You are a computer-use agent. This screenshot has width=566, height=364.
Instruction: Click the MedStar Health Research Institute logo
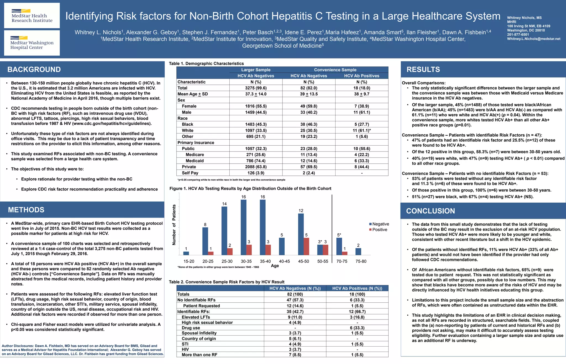[x=32, y=16]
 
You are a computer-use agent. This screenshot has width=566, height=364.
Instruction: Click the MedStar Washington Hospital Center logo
[x=32, y=43]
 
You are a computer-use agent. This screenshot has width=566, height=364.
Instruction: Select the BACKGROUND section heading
[x=34, y=69]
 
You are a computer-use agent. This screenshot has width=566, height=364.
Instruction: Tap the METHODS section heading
[x=26, y=210]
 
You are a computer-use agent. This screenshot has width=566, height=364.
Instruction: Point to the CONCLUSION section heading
[x=430, y=211]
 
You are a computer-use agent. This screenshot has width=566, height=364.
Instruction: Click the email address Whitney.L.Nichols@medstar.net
[x=533, y=39]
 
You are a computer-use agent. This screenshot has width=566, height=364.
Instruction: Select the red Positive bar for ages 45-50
[x=306, y=246]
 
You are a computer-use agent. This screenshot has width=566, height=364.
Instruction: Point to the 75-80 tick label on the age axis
[x=361, y=261]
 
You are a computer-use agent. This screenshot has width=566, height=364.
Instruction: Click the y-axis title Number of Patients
[x=174, y=225]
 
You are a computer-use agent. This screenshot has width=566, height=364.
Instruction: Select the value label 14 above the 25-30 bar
[x=224, y=204]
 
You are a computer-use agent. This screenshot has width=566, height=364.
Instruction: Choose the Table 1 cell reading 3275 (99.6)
[x=256, y=88]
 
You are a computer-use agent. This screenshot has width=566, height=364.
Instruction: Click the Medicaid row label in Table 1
[x=195, y=161]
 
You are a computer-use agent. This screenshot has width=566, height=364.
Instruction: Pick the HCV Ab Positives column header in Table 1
[x=361, y=76]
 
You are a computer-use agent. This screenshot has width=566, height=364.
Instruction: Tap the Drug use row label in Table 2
[x=191, y=328]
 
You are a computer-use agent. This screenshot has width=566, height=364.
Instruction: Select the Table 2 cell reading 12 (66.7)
[x=357, y=311]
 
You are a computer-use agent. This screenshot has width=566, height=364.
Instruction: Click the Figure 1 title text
[x=250, y=188]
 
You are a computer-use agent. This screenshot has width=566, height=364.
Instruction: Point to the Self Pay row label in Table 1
[x=190, y=173]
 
